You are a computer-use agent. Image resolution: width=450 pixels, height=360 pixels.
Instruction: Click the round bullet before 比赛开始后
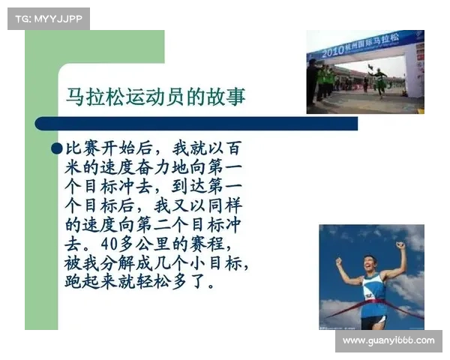point(57,148)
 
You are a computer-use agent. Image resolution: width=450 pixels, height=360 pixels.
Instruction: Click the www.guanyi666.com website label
point(388,340)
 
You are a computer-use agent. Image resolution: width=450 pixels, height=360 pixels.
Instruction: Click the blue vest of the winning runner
point(373,289)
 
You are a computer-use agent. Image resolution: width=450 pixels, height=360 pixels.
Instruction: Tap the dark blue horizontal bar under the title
point(195,124)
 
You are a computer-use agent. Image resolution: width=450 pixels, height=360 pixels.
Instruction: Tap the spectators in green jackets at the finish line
point(326,78)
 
